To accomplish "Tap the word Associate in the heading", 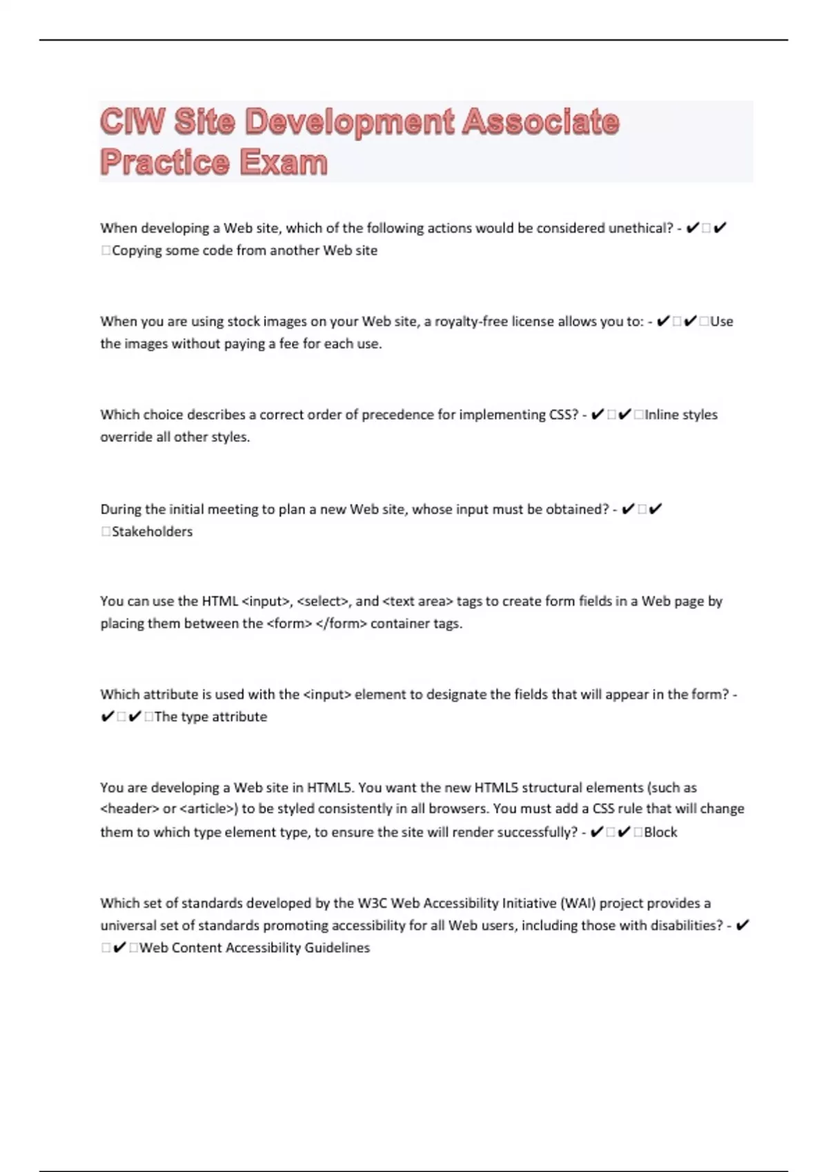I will click(x=540, y=122).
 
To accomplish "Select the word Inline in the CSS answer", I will click(x=661, y=414).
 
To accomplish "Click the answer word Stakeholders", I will click(x=152, y=532).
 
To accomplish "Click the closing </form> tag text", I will click(x=341, y=623).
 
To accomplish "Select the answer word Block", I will click(x=660, y=832).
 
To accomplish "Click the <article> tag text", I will click(x=208, y=809).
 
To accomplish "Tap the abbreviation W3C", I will click(x=372, y=903).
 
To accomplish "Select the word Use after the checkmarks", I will click(x=722, y=321).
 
